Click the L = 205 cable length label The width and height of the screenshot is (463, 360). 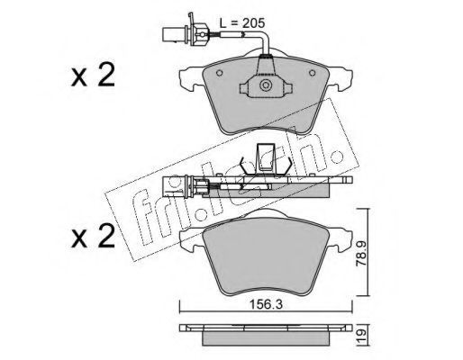click(x=242, y=23)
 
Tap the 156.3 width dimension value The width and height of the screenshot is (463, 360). click(x=267, y=305)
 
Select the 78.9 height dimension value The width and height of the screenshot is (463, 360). click(x=360, y=253)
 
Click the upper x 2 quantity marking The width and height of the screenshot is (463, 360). click(x=93, y=76)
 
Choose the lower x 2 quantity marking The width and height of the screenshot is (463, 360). click(x=93, y=237)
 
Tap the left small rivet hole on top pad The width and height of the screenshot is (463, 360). click(x=220, y=73)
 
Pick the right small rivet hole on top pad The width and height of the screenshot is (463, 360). click(x=313, y=73)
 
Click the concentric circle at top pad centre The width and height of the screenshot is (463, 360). click(x=266, y=85)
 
